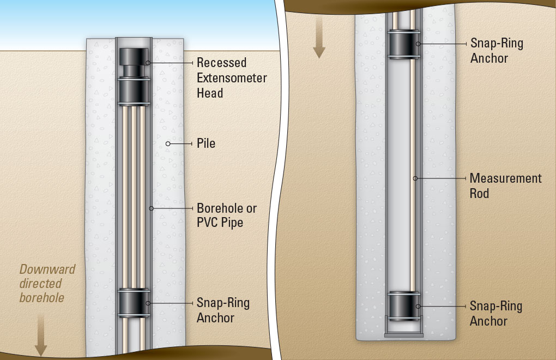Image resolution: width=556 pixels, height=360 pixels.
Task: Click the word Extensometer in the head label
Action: pos(232,78)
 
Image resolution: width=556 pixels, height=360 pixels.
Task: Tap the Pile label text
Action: pos(206,144)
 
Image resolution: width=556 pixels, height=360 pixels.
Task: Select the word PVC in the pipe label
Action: pos(208,223)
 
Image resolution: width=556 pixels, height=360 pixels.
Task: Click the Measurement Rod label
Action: pos(505,186)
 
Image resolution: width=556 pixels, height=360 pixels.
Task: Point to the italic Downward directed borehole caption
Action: pos(47,283)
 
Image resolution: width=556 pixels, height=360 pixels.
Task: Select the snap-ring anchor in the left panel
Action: pos(133,303)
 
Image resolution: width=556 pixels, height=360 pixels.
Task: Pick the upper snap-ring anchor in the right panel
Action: pos(403,43)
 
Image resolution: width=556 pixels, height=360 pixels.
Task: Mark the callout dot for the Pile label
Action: pos(168,144)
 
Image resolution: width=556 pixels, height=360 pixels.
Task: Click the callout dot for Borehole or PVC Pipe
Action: pos(151,208)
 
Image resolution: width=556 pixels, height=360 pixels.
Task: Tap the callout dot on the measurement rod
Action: pos(415,178)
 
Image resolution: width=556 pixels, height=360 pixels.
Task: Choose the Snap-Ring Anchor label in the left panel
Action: pos(223,310)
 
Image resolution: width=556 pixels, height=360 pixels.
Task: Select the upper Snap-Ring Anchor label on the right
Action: pos(497,50)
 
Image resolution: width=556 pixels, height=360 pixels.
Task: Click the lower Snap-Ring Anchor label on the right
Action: pos(497,314)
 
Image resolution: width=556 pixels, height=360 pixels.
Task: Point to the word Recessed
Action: pos(221,63)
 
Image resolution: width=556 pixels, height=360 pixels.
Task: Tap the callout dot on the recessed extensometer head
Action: pos(147,63)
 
